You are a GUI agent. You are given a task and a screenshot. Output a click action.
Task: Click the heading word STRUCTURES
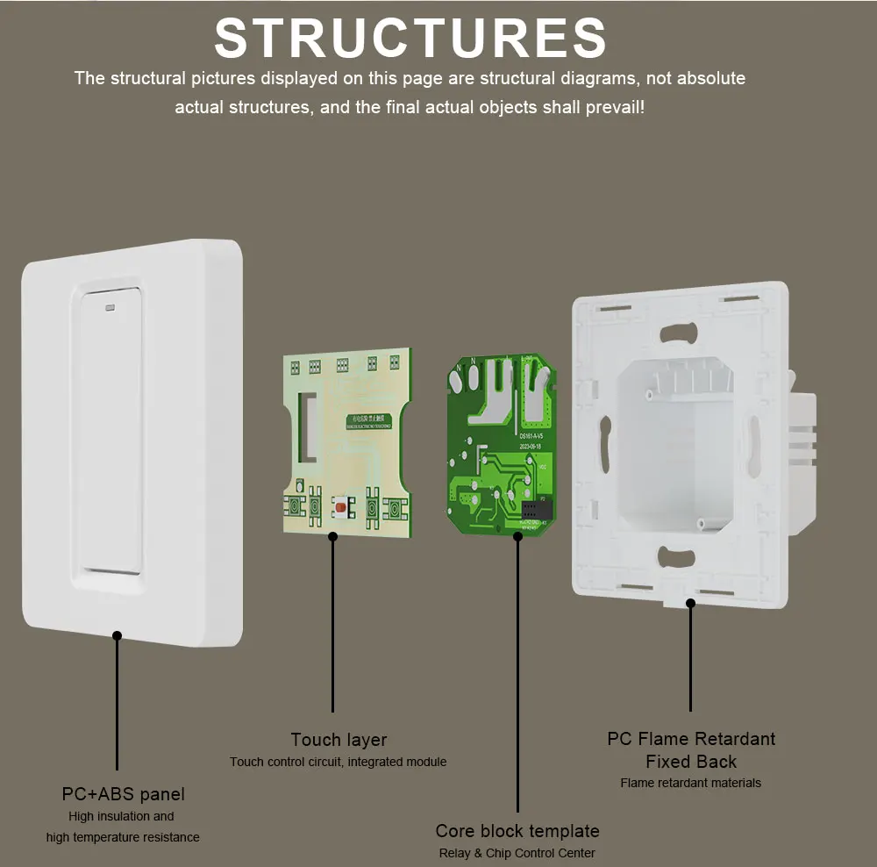410,39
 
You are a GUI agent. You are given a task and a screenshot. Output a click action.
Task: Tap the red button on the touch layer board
339,507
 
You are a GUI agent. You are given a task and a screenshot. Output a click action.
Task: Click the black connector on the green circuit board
532,509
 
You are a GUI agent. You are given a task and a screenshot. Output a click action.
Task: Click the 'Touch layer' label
339,740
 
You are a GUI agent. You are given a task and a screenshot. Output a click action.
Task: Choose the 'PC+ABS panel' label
124,794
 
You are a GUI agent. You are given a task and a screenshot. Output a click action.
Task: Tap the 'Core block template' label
517,831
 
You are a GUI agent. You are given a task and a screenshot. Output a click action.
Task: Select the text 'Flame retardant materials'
691,783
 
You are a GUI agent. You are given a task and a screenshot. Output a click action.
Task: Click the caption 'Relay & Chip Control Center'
517,853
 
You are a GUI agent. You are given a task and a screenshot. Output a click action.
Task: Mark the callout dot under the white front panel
117,634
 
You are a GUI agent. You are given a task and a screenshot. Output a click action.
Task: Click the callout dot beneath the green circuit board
517,535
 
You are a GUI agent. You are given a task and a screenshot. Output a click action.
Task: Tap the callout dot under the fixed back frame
691,603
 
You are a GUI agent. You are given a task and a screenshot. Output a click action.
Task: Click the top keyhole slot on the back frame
681,333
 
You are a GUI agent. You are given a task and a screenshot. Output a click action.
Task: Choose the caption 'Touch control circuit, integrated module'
339,762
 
